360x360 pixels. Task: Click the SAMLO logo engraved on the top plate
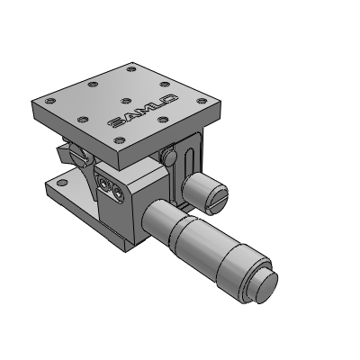click(x=143, y=110)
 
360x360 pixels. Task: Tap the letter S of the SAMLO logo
click(x=115, y=122)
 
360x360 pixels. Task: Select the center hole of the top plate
click(x=127, y=101)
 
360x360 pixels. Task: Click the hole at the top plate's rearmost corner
click(x=131, y=69)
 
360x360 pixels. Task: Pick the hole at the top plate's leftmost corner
click(x=49, y=101)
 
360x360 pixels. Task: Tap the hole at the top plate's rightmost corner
click(x=202, y=101)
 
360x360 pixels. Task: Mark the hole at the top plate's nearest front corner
click(x=120, y=139)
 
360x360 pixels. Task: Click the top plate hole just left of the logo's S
click(x=83, y=120)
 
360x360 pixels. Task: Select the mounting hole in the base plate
click(x=62, y=182)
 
